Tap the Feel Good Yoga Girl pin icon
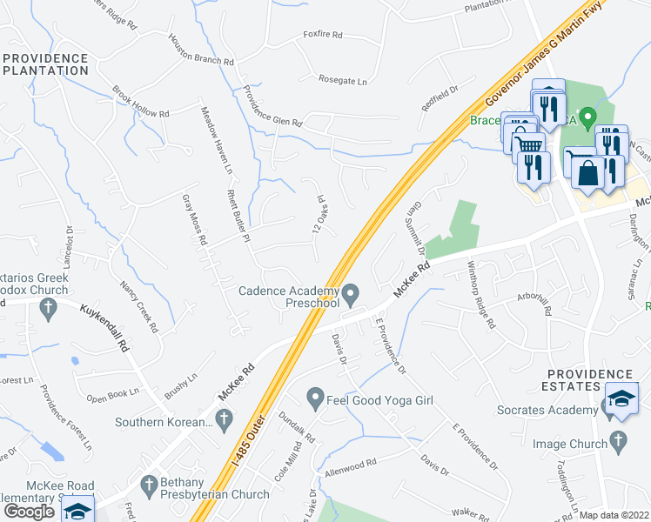(x=315, y=399)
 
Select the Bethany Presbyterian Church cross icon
(x=149, y=483)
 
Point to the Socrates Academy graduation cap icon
(x=621, y=398)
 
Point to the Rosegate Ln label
(x=343, y=80)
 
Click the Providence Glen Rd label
(x=272, y=110)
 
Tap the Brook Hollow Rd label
(x=140, y=103)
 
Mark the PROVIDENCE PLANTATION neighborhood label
(x=45, y=64)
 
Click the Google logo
(x=30, y=512)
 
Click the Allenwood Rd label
(x=349, y=466)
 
